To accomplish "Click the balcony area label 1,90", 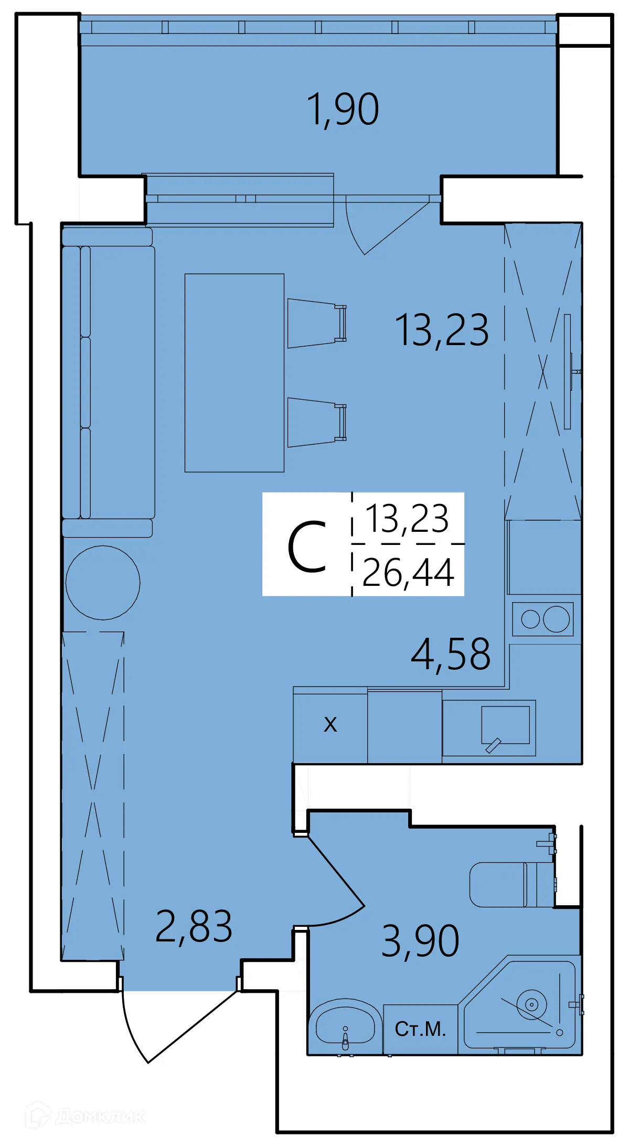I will click(343, 109).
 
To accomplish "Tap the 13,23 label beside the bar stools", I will click(442, 330).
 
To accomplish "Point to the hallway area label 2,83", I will click(194, 927).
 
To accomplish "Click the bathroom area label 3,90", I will click(420, 941).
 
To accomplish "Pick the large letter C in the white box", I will click(307, 547).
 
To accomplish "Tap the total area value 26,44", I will click(408, 573).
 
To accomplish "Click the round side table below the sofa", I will click(103, 582).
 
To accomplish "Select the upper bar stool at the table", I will click(315, 323).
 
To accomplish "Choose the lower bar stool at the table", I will click(315, 422).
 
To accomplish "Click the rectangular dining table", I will click(234, 372).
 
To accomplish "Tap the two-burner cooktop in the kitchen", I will click(543, 619).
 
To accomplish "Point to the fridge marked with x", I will click(330, 725).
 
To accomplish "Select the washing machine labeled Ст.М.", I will click(420, 1029).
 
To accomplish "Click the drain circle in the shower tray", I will click(531, 1004).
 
